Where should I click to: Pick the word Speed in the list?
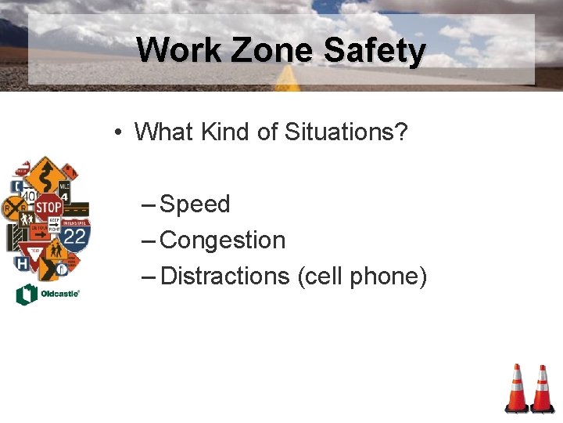[x=195, y=204]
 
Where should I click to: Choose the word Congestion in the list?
[x=222, y=240]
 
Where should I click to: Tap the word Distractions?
[x=225, y=276]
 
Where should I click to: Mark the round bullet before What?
[x=116, y=132]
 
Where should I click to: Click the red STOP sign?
[x=48, y=208]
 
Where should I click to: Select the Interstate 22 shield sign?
[x=74, y=234]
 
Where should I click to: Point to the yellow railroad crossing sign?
[x=15, y=208]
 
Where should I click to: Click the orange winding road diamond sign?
[x=45, y=172]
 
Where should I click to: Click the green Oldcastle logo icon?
[x=25, y=294]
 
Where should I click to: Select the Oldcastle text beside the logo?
[x=59, y=295]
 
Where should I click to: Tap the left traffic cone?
[x=516, y=389]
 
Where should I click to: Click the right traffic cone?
[x=542, y=389]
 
